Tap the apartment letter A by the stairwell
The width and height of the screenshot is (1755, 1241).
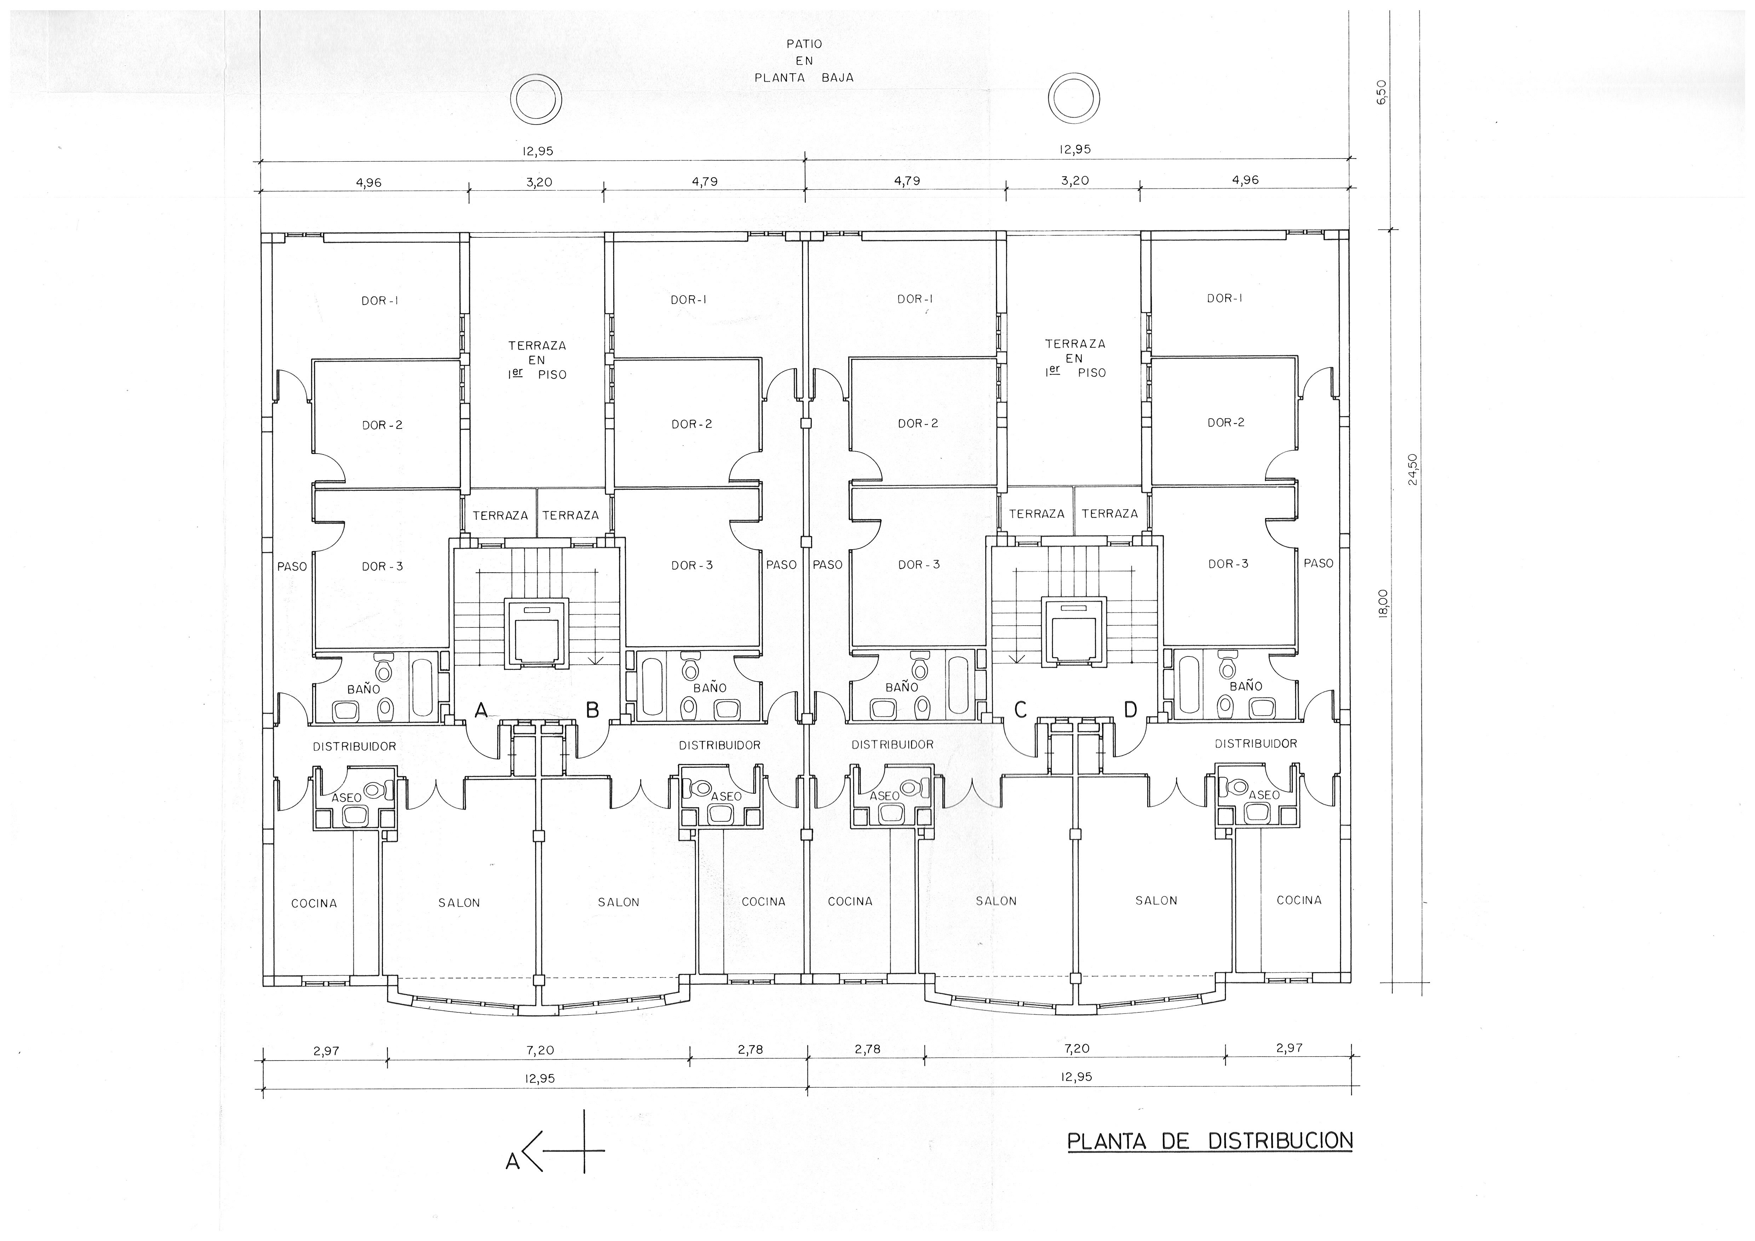(481, 710)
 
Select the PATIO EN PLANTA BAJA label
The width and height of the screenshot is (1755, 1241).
(804, 61)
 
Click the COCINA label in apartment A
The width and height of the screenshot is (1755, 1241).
(314, 903)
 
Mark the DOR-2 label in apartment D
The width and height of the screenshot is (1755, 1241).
(1225, 422)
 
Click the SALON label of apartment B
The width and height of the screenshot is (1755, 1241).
(618, 902)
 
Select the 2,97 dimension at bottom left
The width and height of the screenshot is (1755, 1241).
(326, 1051)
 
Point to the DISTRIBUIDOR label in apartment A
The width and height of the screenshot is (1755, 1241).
(354, 746)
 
